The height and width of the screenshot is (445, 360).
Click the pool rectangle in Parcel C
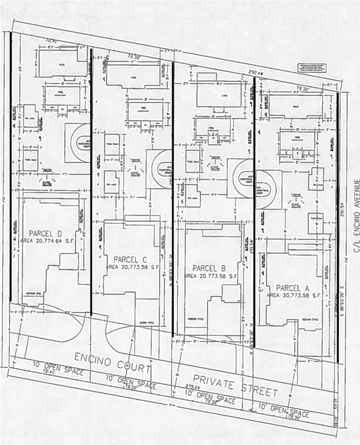pos(145,111)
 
